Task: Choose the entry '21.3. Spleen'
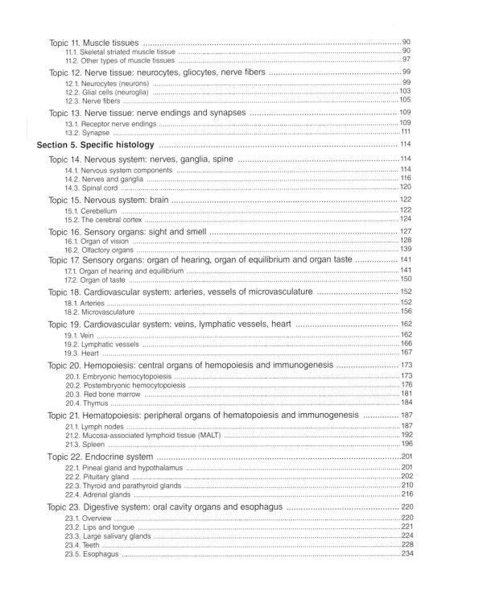pyautogui.click(x=86, y=444)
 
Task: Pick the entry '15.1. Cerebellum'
pyautogui.click(x=93, y=209)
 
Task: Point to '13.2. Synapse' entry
pyautogui.click(x=88, y=133)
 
